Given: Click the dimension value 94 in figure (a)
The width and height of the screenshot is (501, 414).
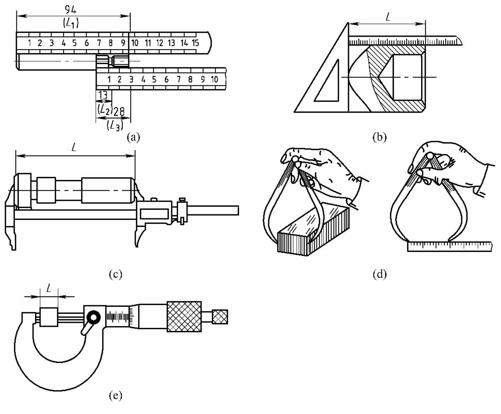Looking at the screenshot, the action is click(71, 10).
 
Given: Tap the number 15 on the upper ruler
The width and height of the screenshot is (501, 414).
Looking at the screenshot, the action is click(195, 43).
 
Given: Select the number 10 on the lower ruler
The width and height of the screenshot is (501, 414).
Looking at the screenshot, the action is click(214, 80).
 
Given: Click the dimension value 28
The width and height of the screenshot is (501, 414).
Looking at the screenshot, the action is click(119, 111).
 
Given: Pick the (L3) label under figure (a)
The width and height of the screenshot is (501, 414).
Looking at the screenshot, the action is click(115, 126).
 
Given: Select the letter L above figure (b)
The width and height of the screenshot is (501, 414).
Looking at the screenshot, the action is click(388, 17).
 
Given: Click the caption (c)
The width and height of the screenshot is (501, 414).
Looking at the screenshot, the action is click(115, 274).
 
